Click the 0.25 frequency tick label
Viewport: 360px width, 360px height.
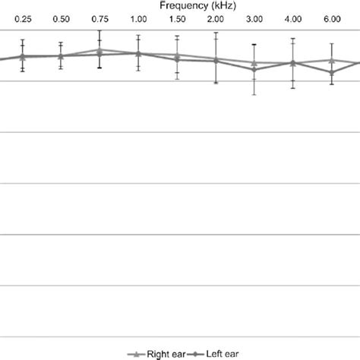point(23,17)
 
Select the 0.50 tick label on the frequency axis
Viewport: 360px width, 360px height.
point(61,17)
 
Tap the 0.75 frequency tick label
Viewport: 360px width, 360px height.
point(99,17)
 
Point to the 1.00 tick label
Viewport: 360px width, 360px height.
point(138,17)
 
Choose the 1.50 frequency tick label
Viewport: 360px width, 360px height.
point(177,17)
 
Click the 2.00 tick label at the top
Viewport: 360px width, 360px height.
point(216,17)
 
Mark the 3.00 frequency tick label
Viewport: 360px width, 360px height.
point(254,17)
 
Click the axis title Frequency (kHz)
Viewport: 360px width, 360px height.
point(191,5)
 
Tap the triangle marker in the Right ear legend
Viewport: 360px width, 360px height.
point(136,353)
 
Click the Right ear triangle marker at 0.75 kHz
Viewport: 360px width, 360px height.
point(99,50)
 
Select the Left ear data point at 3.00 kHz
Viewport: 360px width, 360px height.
point(254,70)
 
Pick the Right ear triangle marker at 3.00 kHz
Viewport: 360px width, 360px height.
point(254,62)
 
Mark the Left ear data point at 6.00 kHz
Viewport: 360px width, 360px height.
point(332,72)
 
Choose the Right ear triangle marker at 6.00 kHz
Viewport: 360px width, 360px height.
point(332,60)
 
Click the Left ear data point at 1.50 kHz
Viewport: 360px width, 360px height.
point(177,58)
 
